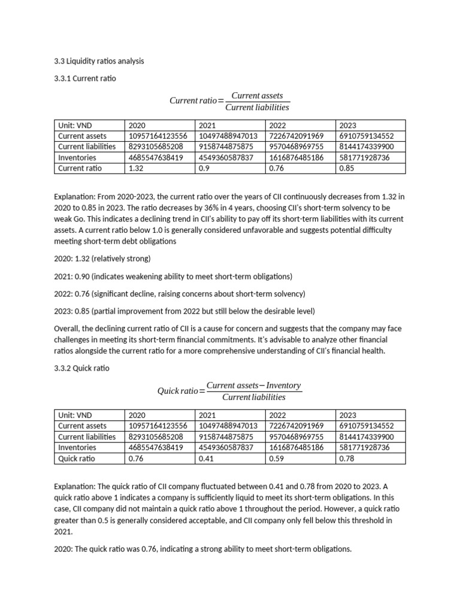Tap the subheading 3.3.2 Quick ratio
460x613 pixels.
tap(81, 368)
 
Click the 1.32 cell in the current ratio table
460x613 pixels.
tap(136, 168)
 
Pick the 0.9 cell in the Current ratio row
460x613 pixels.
tap(204, 168)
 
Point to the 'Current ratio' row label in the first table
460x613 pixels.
tap(80, 168)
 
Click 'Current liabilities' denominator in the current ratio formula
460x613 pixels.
tap(257, 107)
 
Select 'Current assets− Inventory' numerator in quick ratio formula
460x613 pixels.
tap(253, 386)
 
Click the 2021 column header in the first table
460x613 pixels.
tap(207, 125)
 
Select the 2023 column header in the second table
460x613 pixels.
tap(347, 415)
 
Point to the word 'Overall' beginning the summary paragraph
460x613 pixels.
tap(66, 329)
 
